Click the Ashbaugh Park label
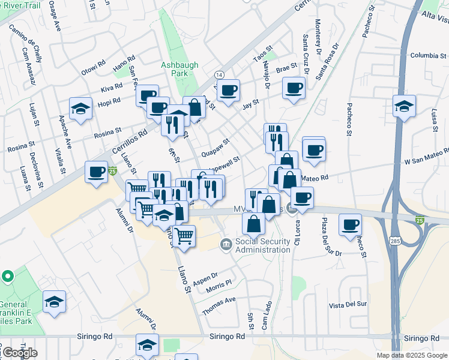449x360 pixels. (x=175, y=68)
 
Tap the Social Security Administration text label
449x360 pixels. (x=262, y=246)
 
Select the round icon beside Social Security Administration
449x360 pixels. (x=226, y=243)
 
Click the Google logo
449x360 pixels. (x=19, y=353)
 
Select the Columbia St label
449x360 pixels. (x=426, y=56)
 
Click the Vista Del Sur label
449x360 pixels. (x=348, y=305)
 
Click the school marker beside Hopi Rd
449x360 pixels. (x=81, y=109)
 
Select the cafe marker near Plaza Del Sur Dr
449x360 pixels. (x=350, y=225)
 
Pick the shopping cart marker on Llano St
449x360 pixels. (x=184, y=235)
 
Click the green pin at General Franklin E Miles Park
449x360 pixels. (x=8, y=277)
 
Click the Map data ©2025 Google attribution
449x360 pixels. (x=411, y=355)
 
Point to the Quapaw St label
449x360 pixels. (x=215, y=147)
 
